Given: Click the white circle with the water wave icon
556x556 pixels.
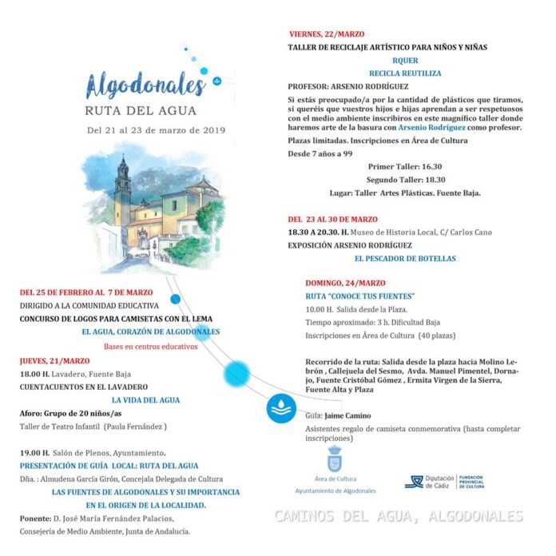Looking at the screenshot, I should (281, 408).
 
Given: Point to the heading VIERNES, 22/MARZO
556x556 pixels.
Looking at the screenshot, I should (327, 34).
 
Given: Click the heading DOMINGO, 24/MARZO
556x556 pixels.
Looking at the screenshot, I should (345, 283).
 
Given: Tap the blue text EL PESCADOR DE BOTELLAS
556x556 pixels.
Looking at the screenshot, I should (405, 259).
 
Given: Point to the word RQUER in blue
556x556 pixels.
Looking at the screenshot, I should (405, 60).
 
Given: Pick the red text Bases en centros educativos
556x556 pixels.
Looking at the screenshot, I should (150, 347).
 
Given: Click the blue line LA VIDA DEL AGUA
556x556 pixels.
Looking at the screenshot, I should (145, 400).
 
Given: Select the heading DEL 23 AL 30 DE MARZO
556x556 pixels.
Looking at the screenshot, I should (333, 219).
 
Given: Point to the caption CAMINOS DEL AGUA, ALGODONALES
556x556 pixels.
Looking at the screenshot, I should (398, 516).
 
